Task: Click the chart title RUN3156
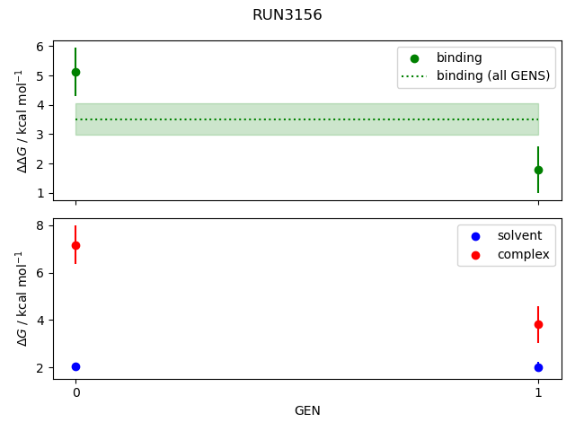pyautogui.click(x=287, y=15)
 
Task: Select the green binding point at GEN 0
pyautogui.click(x=75, y=72)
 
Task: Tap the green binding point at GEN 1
pyautogui.click(x=538, y=170)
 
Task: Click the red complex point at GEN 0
pyautogui.click(x=75, y=245)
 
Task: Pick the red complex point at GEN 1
pyautogui.click(x=538, y=324)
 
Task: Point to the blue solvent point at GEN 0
pyautogui.click(x=75, y=366)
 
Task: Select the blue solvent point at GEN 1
pyautogui.click(x=538, y=367)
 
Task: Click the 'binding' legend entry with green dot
pyautogui.click(x=458, y=58)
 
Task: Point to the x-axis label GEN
pyautogui.click(x=307, y=411)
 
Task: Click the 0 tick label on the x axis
pyautogui.click(x=75, y=392)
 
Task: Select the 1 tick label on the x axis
pyautogui.click(x=538, y=392)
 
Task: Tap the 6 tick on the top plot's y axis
pyautogui.click(x=40, y=47)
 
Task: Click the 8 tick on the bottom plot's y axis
pyautogui.click(x=40, y=225)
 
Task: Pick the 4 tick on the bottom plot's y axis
pyautogui.click(x=40, y=321)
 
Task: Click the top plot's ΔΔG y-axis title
pyautogui.click(x=22, y=121)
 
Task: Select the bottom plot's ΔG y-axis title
pyautogui.click(x=22, y=299)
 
